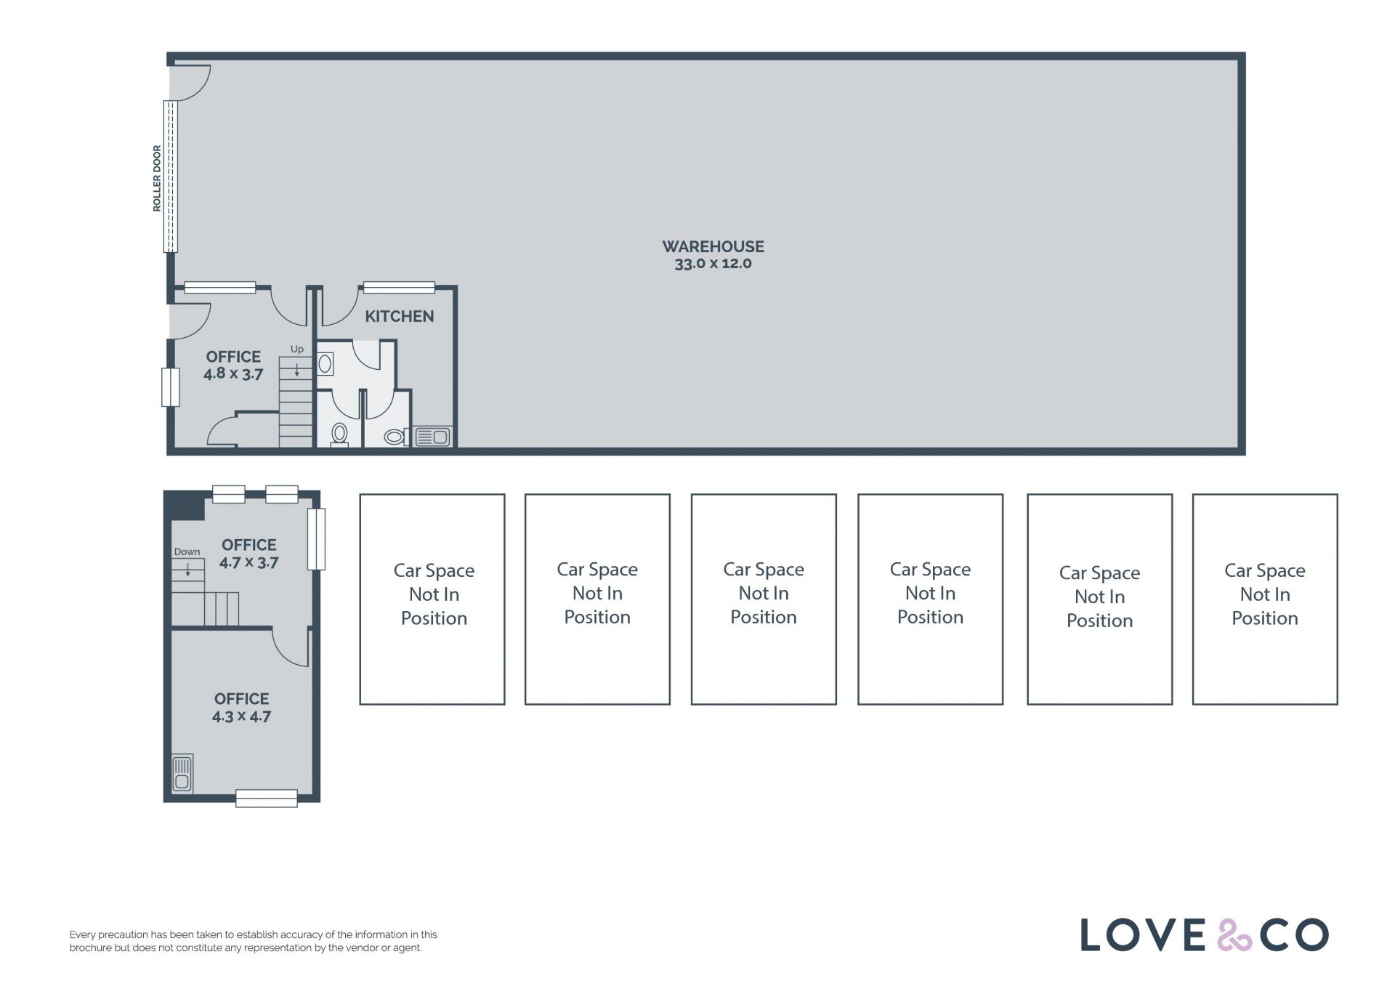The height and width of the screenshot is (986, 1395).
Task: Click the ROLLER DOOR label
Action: (x=157, y=178)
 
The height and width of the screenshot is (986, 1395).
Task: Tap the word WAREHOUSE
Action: (x=713, y=247)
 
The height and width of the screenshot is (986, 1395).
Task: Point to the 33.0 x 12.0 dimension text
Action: (x=713, y=264)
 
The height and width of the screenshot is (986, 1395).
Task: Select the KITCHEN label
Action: (x=399, y=316)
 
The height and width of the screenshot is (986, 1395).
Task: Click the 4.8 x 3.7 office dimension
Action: (x=233, y=374)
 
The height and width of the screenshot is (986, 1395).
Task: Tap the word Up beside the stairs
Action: (x=297, y=349)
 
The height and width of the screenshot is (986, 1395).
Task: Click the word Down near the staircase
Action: (x=187, y=552)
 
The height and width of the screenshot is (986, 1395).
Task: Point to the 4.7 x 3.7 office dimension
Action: (x=249, y=562)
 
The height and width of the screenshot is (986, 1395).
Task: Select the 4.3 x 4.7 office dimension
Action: (x=241, y=716)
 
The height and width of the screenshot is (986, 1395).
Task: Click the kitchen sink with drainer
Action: (x=432, y=437)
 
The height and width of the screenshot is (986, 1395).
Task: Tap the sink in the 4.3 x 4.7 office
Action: (x=182, y=774)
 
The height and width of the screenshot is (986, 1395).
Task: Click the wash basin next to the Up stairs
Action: (x=325, y=363)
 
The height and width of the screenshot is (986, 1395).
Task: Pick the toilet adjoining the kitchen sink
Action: (x=395, y=437)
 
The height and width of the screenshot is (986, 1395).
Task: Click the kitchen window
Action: (x=399, y=288)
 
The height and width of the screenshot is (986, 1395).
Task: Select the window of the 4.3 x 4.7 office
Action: (x=267, y=799)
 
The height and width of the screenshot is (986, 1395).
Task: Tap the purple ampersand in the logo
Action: (x=1234, y=934)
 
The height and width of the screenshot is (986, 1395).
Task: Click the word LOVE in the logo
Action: (x=1143, y=935)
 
